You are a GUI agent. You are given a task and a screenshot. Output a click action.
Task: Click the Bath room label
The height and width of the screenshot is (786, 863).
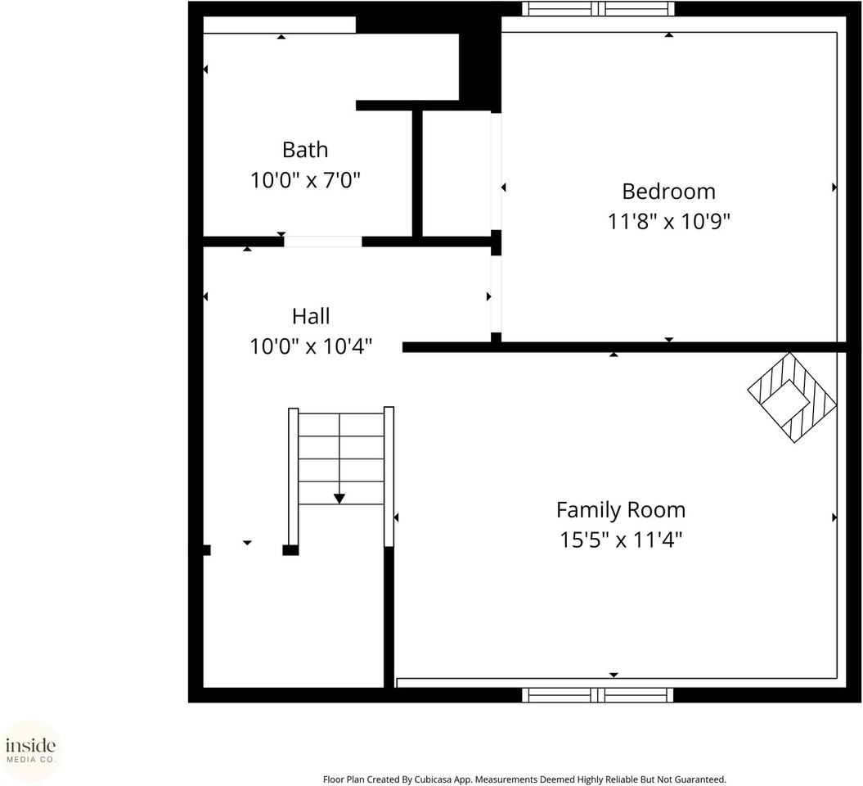coord(305,150)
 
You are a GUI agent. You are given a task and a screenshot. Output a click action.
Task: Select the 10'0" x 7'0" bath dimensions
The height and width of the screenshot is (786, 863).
coord(305,180)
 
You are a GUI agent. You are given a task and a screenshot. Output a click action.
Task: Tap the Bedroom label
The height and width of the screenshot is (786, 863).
coord(668,191)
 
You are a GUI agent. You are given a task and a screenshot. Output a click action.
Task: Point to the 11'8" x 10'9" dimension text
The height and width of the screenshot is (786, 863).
coord(668,221)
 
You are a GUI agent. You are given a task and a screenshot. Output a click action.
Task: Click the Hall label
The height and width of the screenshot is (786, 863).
coord(311,316)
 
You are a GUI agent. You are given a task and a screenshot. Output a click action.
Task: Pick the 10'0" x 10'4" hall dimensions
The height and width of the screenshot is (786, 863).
coord(311,346)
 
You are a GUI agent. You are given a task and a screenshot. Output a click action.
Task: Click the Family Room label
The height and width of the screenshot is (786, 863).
coord(621,509)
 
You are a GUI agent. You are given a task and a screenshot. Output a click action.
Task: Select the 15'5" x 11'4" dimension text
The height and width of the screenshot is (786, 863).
coord(621,540)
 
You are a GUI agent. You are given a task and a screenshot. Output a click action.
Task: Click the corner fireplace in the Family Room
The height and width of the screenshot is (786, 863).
coord(792,398)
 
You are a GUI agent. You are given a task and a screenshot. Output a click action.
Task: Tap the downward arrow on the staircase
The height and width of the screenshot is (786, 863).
coord(339,497)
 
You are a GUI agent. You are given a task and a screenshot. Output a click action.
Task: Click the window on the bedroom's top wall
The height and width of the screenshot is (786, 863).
coord(599,9)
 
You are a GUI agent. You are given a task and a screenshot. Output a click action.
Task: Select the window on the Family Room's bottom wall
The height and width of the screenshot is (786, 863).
coord(598,695)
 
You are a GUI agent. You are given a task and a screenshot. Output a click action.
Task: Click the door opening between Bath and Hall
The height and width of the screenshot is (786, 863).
coord(322,242)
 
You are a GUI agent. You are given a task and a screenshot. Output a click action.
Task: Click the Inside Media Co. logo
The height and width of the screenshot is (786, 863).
coord(31,750)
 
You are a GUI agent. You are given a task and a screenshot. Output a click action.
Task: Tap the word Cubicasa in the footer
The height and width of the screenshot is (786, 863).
coord(418,779)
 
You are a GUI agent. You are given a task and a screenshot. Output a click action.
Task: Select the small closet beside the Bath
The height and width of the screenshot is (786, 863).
coord(456,174)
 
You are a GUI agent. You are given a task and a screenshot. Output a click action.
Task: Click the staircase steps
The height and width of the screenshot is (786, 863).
coord(340,458)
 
